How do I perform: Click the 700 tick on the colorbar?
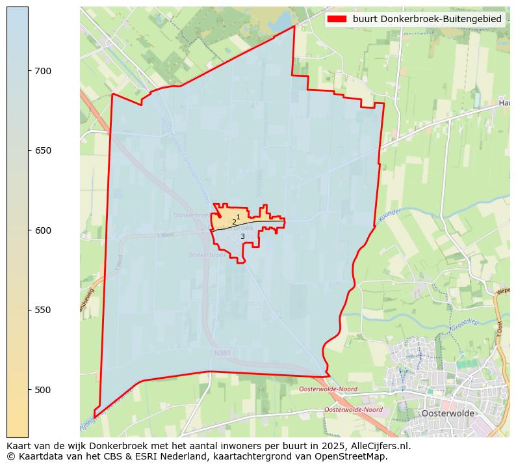(x=43, y=71)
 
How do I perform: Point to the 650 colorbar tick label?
(x=43, y=150)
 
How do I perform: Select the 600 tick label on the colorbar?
(x=43, y=230)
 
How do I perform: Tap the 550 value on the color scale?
(x=43, y=310)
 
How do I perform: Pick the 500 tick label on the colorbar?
(x=43, y=390)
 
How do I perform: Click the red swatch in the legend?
(x=337, y=20)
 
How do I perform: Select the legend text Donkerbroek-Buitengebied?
(x=427, y=20)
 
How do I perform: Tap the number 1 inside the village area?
(x=238, y=217)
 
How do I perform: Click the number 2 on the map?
(x=234, y=223)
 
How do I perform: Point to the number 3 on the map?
(x=242, y=236)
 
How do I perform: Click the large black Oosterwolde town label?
(x=448, y=413)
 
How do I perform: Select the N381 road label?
(x=222, y=353)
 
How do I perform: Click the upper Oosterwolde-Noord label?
(x=328, y=389)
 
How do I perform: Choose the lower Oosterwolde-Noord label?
(x=353, y=410)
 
